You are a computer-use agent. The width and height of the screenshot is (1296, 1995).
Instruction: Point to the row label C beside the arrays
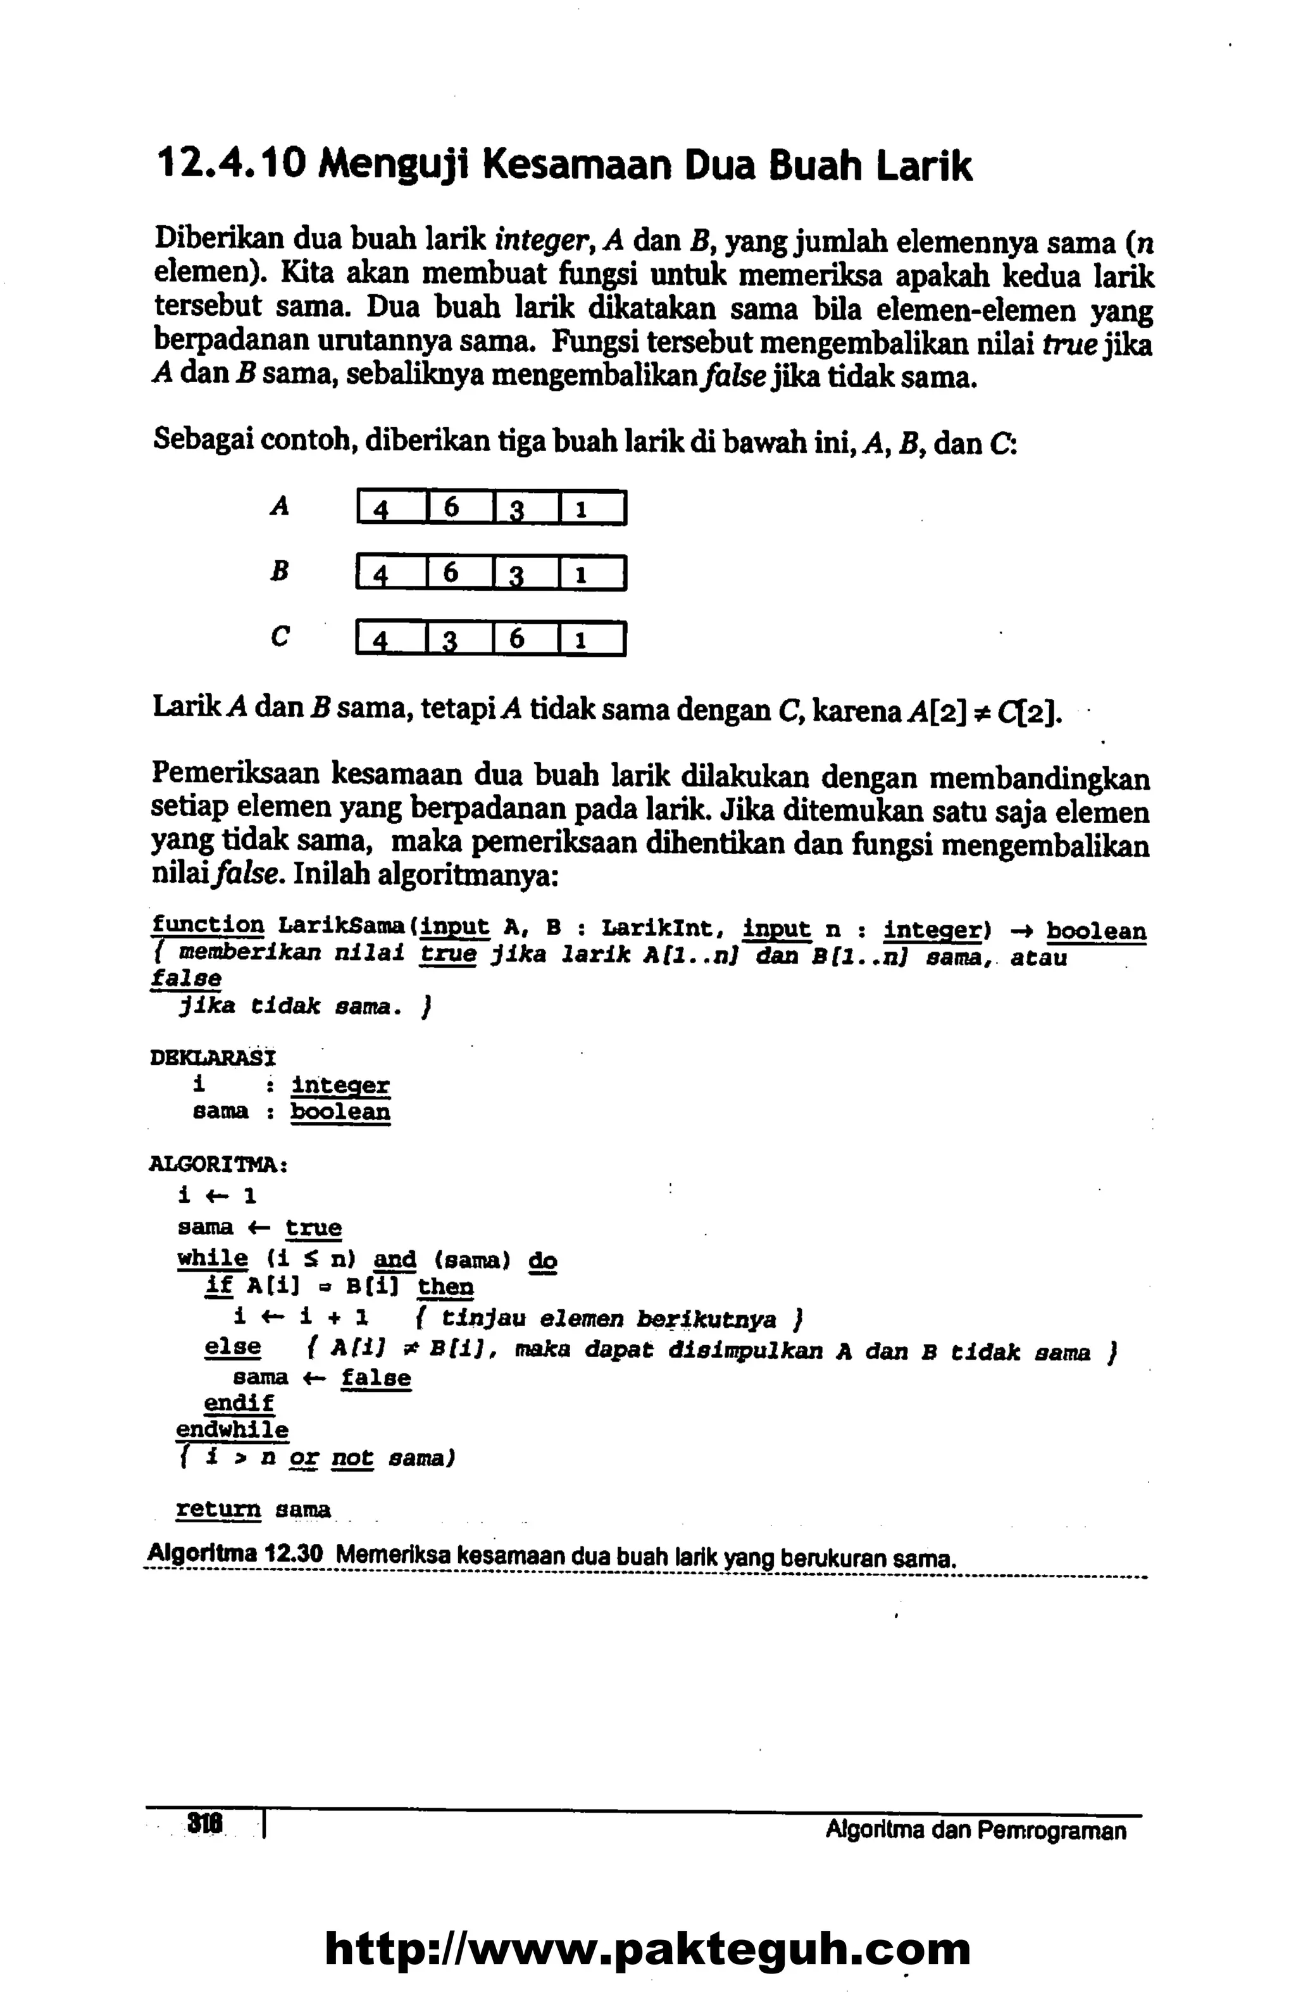point(280,637)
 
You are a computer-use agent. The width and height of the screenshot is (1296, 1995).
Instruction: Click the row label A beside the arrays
point(280,506)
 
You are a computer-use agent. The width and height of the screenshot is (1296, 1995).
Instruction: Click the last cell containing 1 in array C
point(591,640)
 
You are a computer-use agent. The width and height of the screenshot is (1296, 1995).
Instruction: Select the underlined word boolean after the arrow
point(1095,931)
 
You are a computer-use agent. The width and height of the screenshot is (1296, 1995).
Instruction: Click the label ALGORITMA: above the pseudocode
point(218,1164)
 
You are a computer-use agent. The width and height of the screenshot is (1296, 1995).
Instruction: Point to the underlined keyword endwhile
point(232,1430)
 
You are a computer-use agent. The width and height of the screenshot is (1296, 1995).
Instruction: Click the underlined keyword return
point(218,1510)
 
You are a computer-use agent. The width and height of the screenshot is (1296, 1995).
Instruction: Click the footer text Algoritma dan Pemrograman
point(975,1829)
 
